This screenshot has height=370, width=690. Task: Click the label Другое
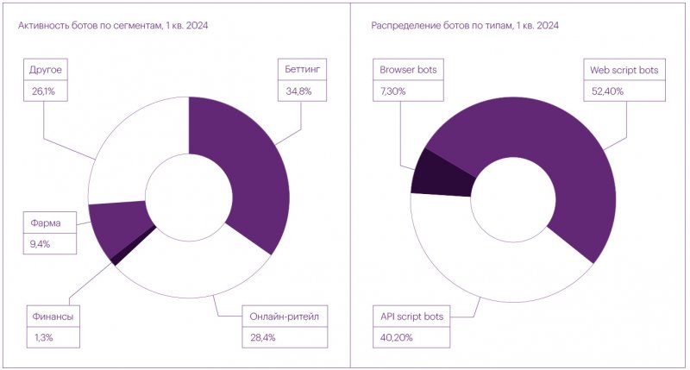(46, 69)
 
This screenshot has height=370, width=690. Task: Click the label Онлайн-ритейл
(280, 317)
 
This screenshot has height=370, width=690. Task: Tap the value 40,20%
(397, 337)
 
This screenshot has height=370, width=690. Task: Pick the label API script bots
(411, 317)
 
